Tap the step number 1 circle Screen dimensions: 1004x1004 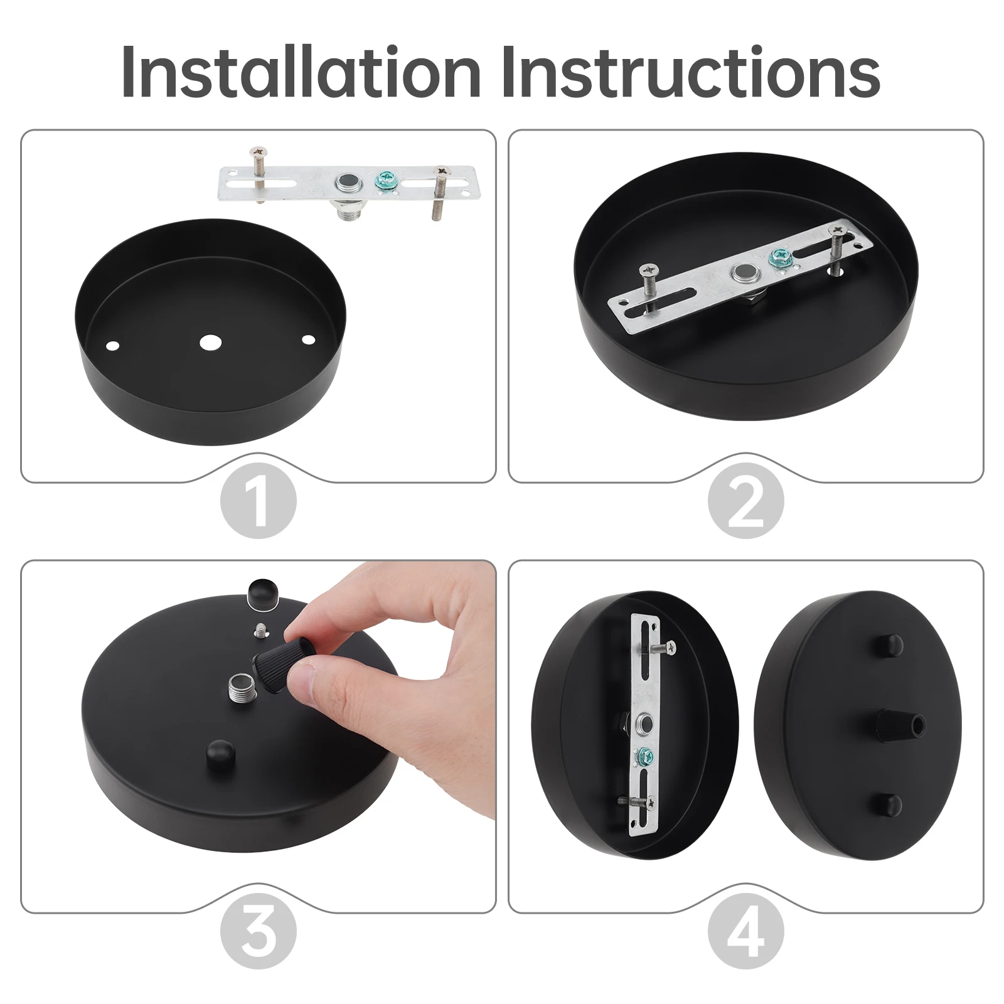(259, 500)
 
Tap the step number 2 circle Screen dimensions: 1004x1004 (746, 500)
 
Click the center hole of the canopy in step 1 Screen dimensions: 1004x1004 (211, 342)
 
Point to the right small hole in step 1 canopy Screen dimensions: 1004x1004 (307, 339)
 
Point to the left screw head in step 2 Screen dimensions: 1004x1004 (648, 270)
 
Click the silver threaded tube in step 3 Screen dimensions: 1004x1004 (242, 687)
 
